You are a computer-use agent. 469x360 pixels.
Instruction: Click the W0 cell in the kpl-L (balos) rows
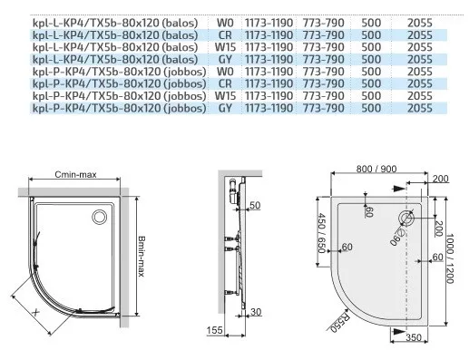point(225,23)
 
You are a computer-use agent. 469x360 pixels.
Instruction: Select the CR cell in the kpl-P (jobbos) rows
point(225,83)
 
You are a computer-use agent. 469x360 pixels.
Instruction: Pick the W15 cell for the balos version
point(225,47)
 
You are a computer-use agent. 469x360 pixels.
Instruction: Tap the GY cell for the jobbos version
point(225,108)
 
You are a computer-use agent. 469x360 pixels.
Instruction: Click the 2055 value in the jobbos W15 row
point(420,96)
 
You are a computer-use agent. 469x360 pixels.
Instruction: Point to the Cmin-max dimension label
point(75,175)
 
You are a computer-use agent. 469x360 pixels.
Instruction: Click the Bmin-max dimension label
point(142,256)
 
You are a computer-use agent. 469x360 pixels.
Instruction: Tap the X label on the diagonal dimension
point(35,312)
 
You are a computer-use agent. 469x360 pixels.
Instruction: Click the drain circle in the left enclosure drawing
point(99,217)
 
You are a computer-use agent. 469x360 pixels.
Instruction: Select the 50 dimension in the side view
point(255,206)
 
